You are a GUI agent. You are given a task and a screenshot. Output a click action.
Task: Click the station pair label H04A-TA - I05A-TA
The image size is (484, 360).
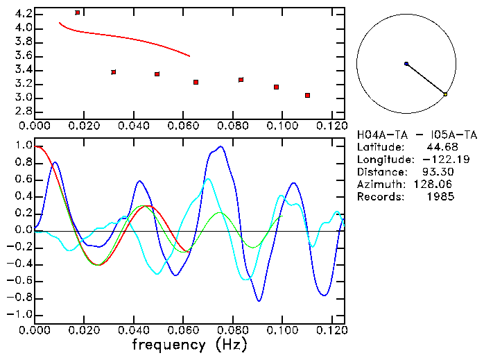pyautogui.click(x=417, y=135)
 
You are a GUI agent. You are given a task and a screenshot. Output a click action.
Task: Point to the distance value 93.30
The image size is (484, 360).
pyautogui.click(x=440, y=172)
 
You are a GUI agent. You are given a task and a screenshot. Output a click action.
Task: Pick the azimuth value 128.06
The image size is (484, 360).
pyautogui.click(x=437, y=185)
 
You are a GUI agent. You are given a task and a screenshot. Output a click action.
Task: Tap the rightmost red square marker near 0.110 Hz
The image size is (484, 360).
pyautogui.click(x=307, y=95)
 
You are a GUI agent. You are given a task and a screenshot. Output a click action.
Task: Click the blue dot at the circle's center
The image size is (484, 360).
pyautogui.click(x=406, y=64)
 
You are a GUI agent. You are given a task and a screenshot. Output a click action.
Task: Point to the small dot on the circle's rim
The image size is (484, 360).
pyautogui.click(x=445, y=94)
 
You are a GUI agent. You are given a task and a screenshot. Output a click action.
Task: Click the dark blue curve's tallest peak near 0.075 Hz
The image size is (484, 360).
pyautogui.click(x=221, y=146)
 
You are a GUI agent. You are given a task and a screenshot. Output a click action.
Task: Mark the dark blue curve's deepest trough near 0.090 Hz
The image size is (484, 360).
pyautogui.click(x=259, y=301)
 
